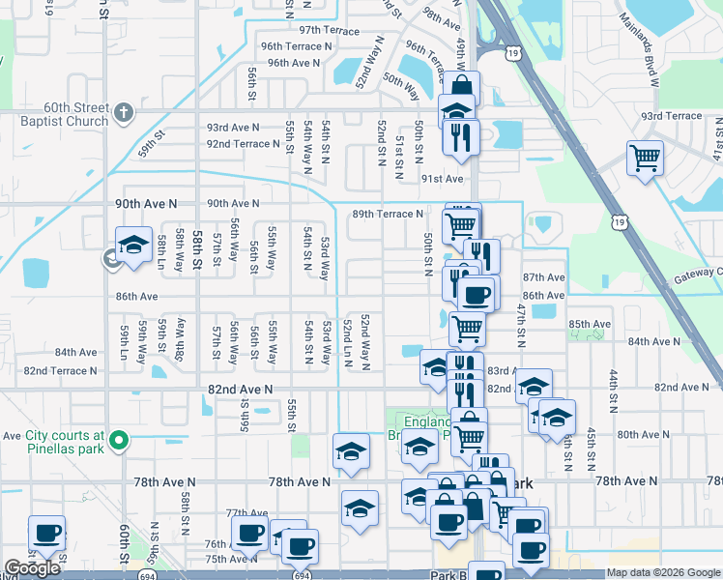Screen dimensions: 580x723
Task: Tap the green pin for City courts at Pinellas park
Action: (x=119, y=442)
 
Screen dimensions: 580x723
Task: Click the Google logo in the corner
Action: (x=32, y=568)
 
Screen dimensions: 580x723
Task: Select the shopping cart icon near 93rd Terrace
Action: (x=645, y=157)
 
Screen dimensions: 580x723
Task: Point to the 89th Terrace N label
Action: (x=388, y=214)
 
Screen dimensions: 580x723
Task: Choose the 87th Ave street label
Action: (x=543, y=277)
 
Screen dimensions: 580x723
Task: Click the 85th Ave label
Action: (x=590, y=324)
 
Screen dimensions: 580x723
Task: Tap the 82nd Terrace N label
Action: (x=61, y=370)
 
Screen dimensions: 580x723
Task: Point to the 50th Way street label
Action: (x=401, y=85)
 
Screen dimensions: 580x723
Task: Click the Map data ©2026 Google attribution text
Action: (x=662, y=572)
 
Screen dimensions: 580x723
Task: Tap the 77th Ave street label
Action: (x=246, y=513)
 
